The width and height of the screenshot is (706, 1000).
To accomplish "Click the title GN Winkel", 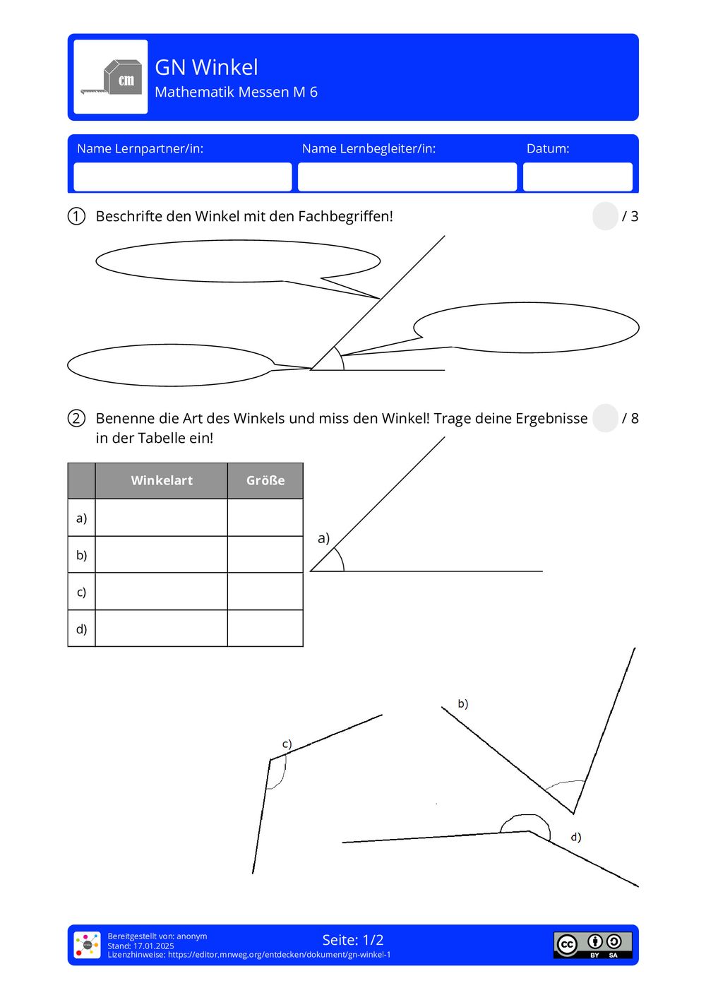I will (206, 67).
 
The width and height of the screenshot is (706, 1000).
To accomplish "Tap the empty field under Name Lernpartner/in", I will (182, 177).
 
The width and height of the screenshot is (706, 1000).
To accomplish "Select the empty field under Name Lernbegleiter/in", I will (407, 177).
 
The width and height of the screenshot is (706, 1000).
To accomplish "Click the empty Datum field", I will (577, 177).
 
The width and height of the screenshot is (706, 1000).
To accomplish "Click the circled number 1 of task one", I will (76, 216).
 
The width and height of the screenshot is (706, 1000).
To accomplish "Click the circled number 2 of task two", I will (76, 418).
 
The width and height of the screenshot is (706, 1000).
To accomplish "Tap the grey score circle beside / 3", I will (605, 216).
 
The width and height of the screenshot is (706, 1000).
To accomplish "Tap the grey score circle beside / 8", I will (605, 418).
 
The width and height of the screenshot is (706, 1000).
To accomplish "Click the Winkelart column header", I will (162, 480).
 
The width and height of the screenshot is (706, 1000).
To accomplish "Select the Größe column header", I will (265, 480).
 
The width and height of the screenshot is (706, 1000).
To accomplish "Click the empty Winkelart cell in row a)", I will (161, 518).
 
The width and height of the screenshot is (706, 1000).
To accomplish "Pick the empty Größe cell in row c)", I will (265, 592).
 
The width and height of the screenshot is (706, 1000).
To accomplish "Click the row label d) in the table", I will (81, 629).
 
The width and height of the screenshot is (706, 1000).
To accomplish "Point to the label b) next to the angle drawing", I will (463, 703).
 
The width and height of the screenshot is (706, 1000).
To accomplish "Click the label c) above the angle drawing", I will (287, 744).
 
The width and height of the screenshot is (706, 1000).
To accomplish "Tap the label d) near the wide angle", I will (576, 837).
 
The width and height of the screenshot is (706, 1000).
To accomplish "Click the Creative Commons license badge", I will (592, 945).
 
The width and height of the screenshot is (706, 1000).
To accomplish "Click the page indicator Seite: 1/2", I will (353, 940).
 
